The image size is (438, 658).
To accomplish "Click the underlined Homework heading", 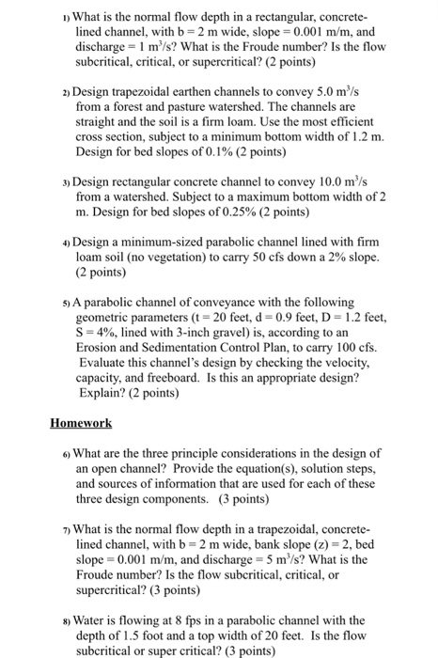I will coord(81,422).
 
